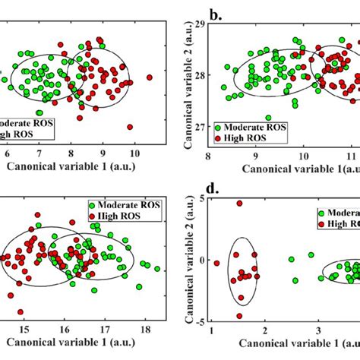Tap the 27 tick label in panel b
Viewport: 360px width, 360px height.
[199, 126]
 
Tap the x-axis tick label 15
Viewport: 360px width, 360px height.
[24, 332]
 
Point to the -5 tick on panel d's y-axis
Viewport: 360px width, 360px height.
[198, 321]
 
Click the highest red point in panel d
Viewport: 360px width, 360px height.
[239, 204]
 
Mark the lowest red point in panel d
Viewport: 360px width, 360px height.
[238, 316]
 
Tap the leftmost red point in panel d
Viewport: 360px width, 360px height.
[216, 264]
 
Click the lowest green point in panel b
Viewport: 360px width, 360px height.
[268, 118]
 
